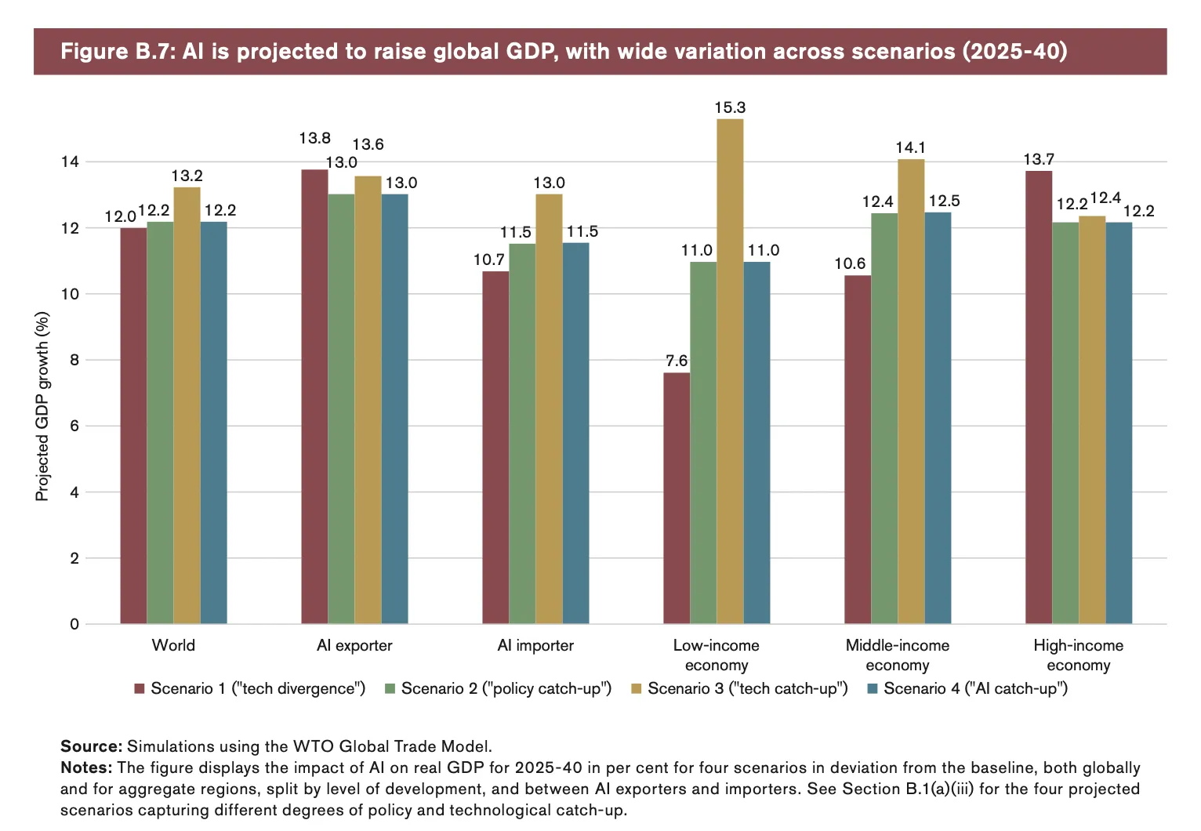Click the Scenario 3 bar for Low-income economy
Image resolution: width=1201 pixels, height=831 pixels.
(730, 372)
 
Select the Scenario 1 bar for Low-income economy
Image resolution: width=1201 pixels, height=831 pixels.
(677, 498)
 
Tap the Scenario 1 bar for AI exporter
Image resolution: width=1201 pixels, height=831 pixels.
(314, 396)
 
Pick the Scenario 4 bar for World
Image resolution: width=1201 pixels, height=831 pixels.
(213, 423)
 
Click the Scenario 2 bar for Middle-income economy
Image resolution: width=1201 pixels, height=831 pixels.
(884, 418)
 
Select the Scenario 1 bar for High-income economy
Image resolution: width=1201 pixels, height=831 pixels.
(1039, 397)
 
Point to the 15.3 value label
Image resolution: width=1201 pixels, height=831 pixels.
(730, 107)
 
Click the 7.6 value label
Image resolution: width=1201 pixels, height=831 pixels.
(677, 361)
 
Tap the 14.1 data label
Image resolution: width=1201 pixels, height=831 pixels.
(911, 147)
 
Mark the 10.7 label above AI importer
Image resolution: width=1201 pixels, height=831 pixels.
(489, 259)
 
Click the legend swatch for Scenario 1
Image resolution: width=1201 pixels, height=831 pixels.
(140, 689)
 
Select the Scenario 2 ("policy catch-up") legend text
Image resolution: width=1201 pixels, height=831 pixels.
(506, 688)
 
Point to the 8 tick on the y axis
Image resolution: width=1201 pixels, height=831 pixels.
(74, 360)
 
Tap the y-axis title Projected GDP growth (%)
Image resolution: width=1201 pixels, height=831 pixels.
(42, 406)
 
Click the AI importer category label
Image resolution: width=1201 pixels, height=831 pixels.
(535, 645)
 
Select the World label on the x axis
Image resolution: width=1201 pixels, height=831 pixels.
(173, 645)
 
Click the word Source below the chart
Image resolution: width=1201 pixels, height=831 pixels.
(90, 746)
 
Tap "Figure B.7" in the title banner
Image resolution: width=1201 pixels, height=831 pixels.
(118, 52)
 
